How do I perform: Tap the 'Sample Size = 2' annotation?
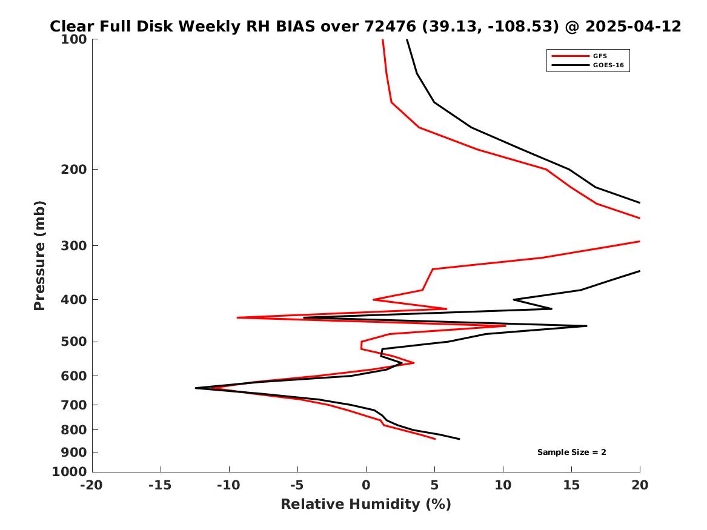pos(571,452)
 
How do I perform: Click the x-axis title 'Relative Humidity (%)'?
pos(365,504)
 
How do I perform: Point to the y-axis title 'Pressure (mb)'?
pos(40,256)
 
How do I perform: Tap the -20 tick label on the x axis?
pos(92,485)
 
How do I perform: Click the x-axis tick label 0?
pos(366,485)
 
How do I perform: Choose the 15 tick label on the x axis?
pos(571,485)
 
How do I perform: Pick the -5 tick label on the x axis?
pos(297,485)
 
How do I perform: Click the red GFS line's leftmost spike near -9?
pos(237,317)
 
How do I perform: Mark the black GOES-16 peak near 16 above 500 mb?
pos(586,326)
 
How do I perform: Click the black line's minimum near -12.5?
pos(196,388)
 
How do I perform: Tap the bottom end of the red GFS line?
pos(435,439)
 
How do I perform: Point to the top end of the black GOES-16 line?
pos(407,39)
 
